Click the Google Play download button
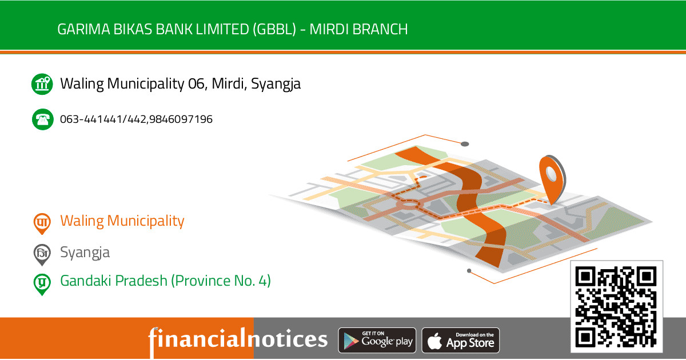377,341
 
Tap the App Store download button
461,341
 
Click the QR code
616,307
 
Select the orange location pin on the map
551,177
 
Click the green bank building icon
42,84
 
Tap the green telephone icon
42,119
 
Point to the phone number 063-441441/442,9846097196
136,119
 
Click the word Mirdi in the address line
227,84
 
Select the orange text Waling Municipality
122,221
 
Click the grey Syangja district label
85,253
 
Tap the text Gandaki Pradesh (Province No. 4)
165,281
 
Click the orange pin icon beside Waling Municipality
41,223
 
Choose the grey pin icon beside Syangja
41,254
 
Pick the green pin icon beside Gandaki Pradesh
41,283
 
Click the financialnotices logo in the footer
238,339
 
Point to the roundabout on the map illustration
408,202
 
